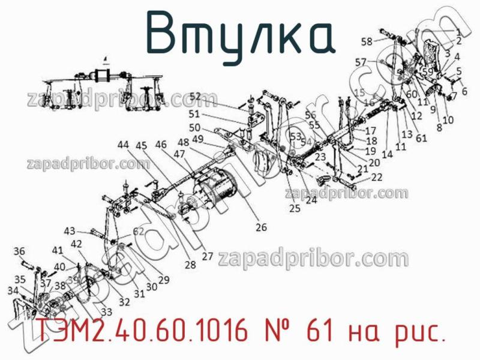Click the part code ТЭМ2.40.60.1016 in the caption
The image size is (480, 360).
point(143,332)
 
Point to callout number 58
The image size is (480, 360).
point(367,41)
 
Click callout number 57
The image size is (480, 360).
point(361,62)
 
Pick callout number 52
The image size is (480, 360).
point(196,96)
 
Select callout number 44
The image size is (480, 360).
point(123,145)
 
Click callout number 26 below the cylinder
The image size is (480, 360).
point(261,227)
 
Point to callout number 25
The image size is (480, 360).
point(295,208)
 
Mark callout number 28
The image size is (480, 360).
point(190,265)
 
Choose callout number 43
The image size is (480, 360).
point(70,231)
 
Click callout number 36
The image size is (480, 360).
point(19,251)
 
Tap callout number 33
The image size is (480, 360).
point(106,312)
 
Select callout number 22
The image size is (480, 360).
point(377,177)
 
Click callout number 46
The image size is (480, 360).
point(161,145)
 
